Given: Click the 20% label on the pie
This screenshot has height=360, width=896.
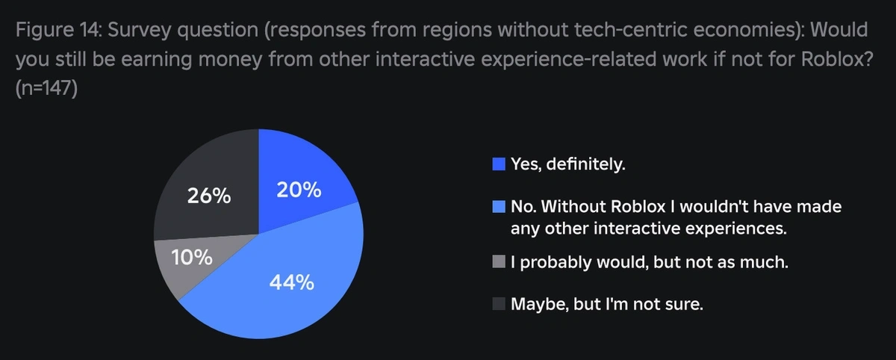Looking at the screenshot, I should [x=299, y=190].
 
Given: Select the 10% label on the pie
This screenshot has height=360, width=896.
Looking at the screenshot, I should [x=192, y=259].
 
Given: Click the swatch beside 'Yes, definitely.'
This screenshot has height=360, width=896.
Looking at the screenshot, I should [x=500, y=164].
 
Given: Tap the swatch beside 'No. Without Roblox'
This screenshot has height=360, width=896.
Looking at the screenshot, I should [x=500, y=205].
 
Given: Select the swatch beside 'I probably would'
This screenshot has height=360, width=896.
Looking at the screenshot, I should [x=500, y=263].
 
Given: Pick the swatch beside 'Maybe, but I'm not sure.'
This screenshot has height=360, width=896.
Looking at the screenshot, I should [x=500, y=304].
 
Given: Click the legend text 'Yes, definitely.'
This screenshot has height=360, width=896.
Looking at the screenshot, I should [x=567, y=164].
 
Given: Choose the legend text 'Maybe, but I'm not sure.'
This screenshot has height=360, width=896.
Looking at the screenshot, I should [x=607, y=304].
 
